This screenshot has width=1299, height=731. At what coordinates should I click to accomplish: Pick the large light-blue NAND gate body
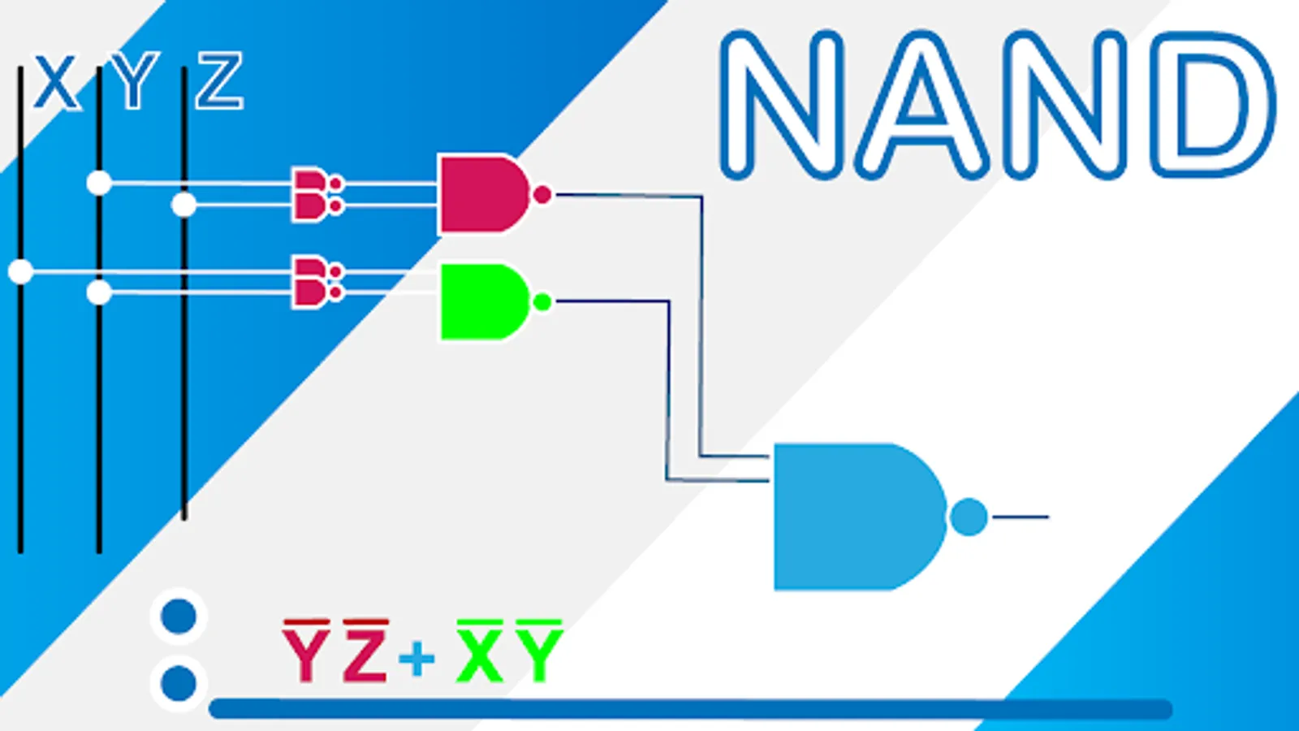tap(852, 517)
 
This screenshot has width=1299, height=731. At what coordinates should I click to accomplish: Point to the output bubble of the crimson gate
tap(542, 195)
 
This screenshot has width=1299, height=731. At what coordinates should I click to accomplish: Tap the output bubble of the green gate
tap(542, 302)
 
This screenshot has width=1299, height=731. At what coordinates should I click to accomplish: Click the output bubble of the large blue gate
tap(968, 517)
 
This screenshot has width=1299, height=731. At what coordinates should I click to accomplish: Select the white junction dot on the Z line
tap(184, 204)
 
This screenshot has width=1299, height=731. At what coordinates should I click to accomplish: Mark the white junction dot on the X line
tap(20, 271)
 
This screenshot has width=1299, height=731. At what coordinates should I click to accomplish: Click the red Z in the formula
tap(365, 655)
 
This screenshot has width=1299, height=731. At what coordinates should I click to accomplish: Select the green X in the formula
tap(480, 655)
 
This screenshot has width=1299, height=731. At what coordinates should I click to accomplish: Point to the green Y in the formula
tap(539, 655)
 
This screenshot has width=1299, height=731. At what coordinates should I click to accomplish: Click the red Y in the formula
tap(306, 655)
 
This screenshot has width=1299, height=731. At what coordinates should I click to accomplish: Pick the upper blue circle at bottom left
tap(179, 616)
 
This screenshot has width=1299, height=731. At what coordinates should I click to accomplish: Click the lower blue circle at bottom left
tap(179, 682)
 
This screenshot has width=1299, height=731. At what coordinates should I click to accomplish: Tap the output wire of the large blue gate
tap(1020, 517)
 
